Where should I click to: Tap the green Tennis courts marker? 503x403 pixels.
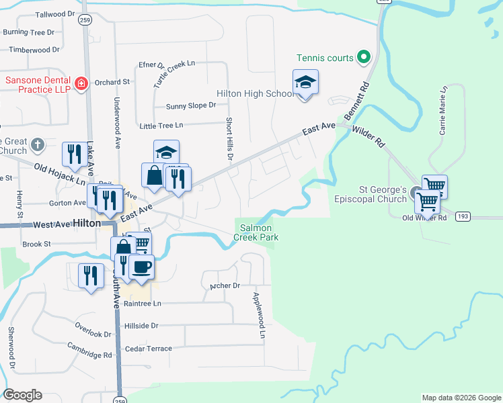click(364, 57)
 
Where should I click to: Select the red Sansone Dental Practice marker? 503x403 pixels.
click(81, 83)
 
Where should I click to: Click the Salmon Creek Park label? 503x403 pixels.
click(253, 232)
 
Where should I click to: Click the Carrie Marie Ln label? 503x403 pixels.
click(443, 110)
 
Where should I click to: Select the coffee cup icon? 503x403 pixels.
click(141, 267)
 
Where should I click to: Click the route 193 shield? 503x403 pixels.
click(461, 217)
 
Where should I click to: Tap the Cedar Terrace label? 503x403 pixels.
click(148, 349)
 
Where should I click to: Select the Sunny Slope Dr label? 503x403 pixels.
click(191, 105)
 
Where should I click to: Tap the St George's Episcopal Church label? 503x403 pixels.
click(371, 195)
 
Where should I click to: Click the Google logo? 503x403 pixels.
click(22, 395)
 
